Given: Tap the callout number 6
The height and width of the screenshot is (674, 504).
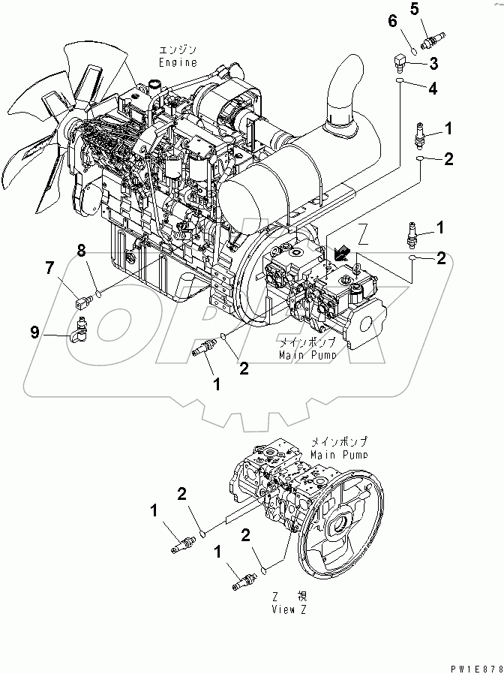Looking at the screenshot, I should tap(391, 21).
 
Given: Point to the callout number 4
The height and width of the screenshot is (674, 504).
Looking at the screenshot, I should tap(433, 89).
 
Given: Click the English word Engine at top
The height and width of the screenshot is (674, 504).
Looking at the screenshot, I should tap(177, 64).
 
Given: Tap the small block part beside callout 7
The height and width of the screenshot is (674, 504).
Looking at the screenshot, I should tap(83, 302).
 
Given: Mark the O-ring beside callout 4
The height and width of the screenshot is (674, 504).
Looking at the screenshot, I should tap(401, 81).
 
